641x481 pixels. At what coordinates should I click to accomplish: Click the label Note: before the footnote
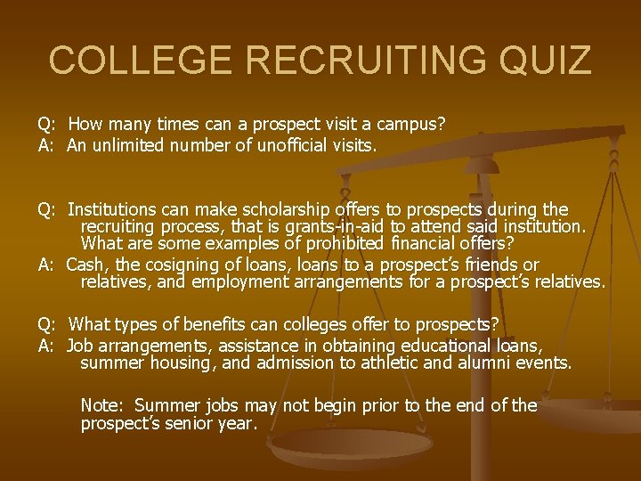pos(102,405)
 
